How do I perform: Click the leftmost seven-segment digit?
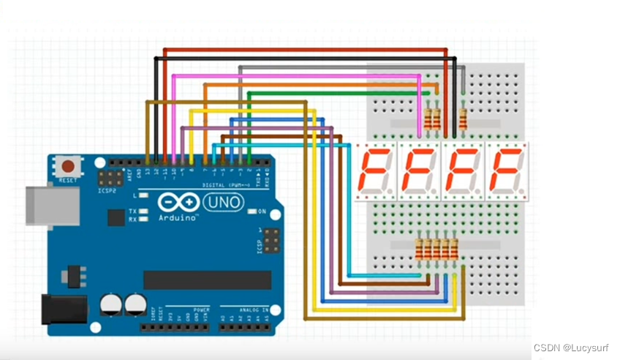click(375, 171)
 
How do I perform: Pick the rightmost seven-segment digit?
click(507, 171)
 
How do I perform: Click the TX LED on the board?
click(144, 211)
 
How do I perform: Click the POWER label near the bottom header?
click(202, 310)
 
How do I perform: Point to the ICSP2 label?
click(108, 190)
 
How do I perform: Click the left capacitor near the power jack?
click(112, 304)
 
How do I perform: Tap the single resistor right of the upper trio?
click(462, 117)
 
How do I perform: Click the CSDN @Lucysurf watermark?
click(573, 348)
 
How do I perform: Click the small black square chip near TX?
click(116, 217)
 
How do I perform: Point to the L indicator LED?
click(144, 196)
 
